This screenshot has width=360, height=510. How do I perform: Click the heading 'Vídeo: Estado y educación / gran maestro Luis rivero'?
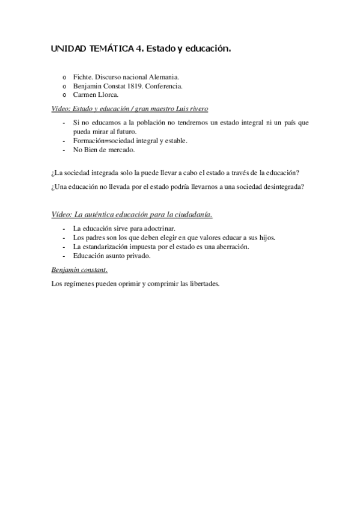point(130,109)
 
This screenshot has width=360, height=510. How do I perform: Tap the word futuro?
point(126,132)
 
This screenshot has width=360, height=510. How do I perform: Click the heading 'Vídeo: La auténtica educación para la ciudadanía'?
point(132,215)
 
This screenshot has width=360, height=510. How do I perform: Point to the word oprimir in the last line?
point(126,283)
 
